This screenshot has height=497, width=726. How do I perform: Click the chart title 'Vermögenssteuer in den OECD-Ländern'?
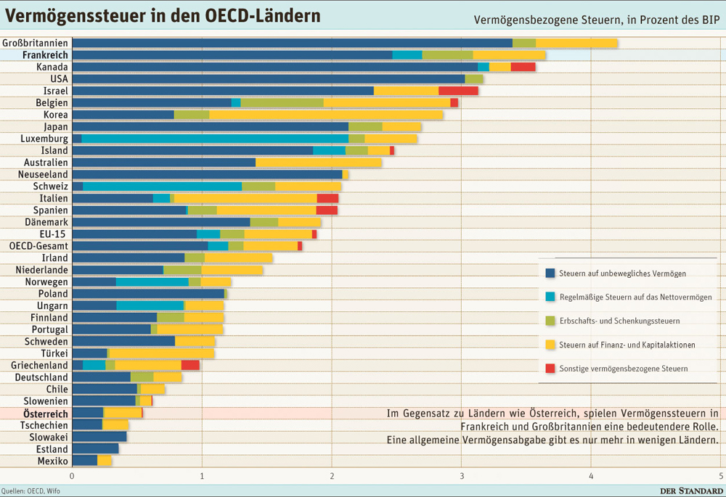pyautogui.click(x=163, y=15)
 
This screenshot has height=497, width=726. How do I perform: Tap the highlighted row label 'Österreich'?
pyautogui.click(x=45, y=414)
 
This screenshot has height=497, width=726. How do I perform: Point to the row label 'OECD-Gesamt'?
pyautogui.click(x=38, y=246)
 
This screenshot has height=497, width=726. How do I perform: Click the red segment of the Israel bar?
pyautogui.click(x=458, y=91)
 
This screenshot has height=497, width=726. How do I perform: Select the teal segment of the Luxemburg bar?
pyautogui.click(x=215, y=139)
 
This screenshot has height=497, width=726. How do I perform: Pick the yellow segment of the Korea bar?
pyautogui.click(x=326, y=115)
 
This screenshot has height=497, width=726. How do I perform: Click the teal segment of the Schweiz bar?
pyautogui.click(x=162, y=186)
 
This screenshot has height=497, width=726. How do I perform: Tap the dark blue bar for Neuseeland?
pyautogui.click(x=207, y=174)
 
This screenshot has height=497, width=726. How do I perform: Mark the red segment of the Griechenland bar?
pyautogui.click(x=190, y=365)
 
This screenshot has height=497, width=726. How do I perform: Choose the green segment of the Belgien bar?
pyautogui.click(x=282, y=103)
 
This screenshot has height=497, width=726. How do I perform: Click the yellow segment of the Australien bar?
pyautogui.click(x=318, y=163)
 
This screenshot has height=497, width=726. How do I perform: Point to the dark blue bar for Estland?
pyautogui.click(x=95, y=449)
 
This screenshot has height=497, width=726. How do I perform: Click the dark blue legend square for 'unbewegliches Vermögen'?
pyautogui.click(x=550, y=274)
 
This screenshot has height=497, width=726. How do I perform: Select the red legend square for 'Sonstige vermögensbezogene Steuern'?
pyautogui.click(x=550, y=369)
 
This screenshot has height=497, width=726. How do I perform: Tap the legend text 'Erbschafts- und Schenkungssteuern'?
pyautogui.click(x=619, y=321)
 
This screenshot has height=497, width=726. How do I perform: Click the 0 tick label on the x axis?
pyautogui.click(x=72, y=476)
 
